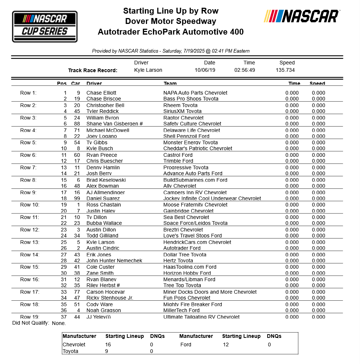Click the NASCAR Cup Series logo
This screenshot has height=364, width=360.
[45, 26]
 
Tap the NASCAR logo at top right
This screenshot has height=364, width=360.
[301, 16]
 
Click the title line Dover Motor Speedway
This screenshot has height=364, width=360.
[171, 21]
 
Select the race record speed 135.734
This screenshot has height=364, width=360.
[285, 70]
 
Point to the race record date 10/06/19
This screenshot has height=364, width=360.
[205, 70]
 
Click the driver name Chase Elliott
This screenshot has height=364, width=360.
[101, 93]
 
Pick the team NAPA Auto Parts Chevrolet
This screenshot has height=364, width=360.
[195, 93]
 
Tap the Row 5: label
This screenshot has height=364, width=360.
[28, 142]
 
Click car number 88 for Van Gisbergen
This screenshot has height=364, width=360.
[77, 124]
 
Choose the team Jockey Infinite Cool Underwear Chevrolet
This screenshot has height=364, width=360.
[212, 198]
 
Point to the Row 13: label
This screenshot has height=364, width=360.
[29, 242]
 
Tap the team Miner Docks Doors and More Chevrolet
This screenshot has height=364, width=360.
[210, 292]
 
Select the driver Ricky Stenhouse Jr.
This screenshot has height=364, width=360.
[109, 298]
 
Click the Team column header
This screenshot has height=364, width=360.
[170, 84]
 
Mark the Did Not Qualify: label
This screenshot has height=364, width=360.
[31, 323]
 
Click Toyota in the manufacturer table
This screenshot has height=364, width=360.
[71, 351]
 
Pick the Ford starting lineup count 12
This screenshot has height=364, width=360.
[225, 344]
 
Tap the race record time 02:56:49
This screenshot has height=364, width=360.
[245, 70]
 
